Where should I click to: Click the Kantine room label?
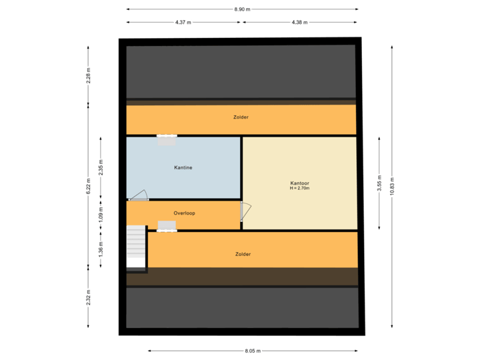183,168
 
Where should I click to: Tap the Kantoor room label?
300,183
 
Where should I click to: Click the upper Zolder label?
241,117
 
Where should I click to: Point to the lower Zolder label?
243,254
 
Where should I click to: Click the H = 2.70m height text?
300,189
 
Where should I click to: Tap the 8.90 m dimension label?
242,9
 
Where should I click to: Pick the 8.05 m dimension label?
253,351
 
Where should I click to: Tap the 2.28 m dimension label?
88,75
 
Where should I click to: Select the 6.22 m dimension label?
88,186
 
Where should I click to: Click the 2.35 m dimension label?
101,167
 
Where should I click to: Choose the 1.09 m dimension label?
101,213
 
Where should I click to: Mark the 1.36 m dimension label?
101,249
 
